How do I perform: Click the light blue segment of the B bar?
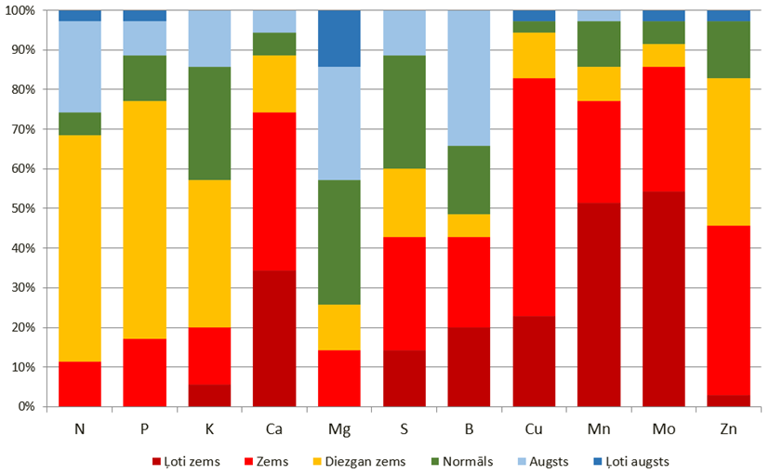(469, 78)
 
